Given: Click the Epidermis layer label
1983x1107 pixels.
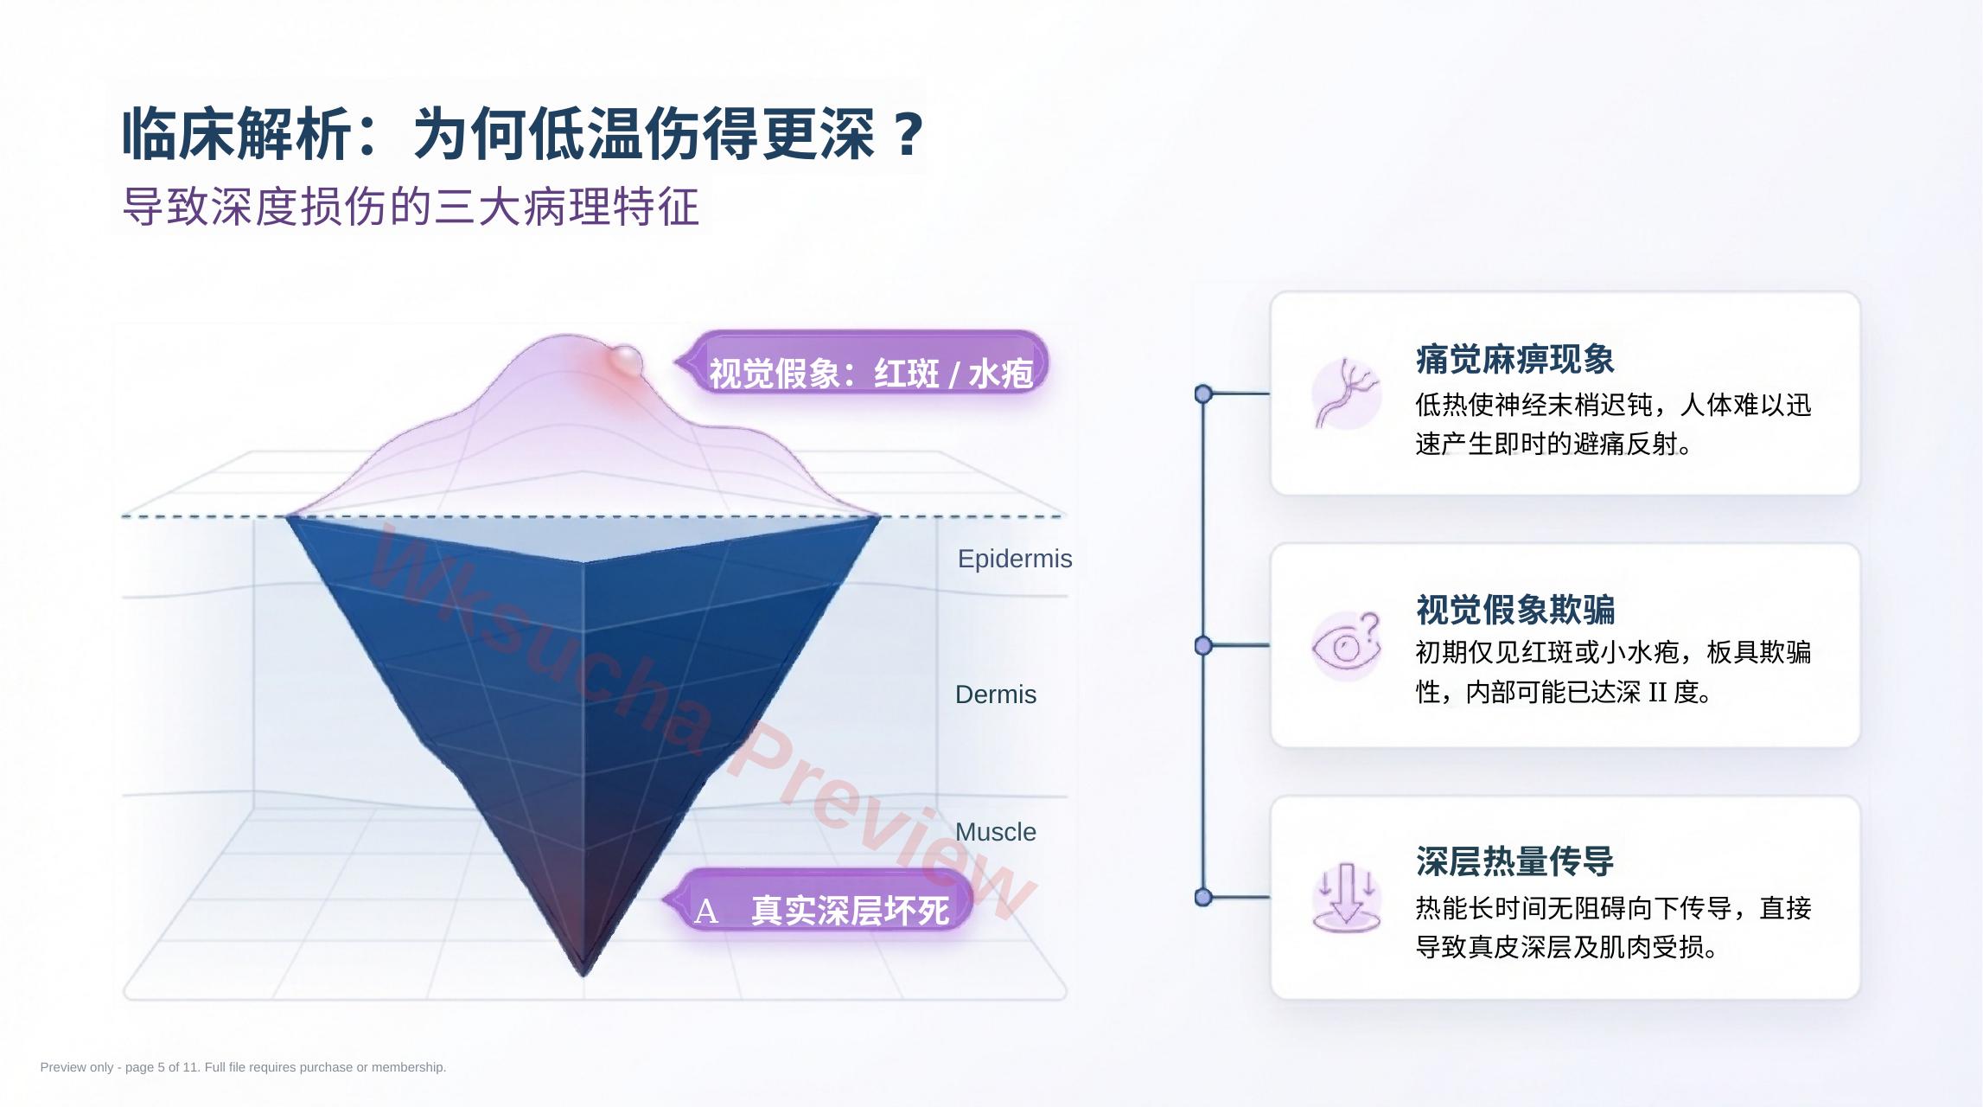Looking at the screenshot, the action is click(1015, 560).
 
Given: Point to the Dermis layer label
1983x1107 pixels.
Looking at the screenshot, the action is click(996, 694).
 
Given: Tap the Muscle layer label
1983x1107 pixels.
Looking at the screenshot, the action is click(996, 832).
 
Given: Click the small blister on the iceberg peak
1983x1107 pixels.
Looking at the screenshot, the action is click(625, 360).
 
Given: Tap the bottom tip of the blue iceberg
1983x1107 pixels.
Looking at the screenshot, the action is click(583, 976).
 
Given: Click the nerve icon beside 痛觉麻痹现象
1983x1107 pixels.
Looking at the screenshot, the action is click(1346, 394).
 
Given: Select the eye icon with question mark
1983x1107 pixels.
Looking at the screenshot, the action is click(1346, 646).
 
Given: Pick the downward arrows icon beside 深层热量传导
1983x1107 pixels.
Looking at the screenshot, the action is click(1346, 897).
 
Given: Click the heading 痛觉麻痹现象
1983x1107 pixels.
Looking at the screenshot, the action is click(1514, 360).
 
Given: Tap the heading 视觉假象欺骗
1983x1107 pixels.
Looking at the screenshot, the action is click(1514, 610).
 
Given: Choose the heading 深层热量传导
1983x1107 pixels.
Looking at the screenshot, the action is click(1514, 861).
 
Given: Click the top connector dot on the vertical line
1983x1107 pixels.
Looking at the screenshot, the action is click(1202, 394).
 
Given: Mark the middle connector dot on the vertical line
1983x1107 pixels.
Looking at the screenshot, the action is click(1202, 646).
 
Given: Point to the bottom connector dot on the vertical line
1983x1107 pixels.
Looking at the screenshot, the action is click(1202, 898).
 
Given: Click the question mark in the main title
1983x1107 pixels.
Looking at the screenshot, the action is click(908, 134).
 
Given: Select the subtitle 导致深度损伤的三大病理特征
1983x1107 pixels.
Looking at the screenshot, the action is click(411, 208).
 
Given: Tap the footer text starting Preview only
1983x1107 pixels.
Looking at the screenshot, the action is click(243, 1067).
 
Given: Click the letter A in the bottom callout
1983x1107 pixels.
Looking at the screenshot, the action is click(705, 911).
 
